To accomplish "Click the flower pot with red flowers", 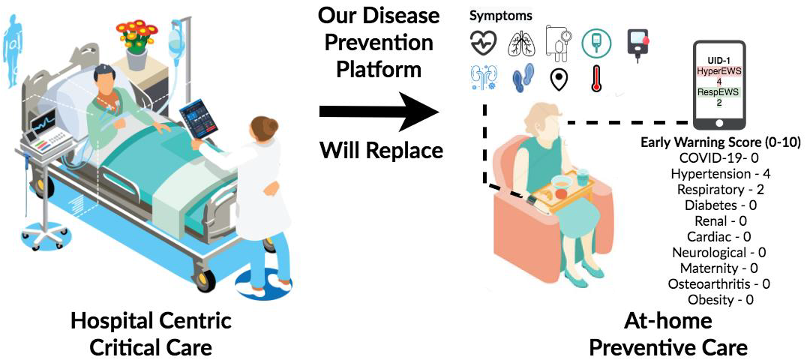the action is pyautogui.click(x=136, y=44).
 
